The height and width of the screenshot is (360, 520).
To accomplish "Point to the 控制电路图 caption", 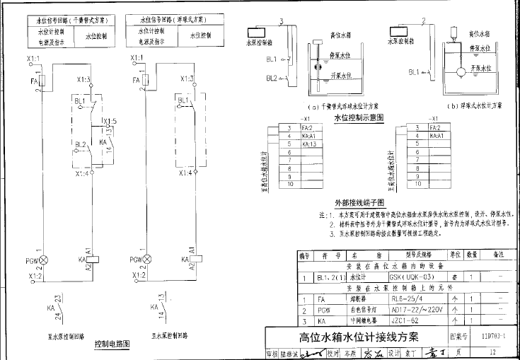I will coord(112,345).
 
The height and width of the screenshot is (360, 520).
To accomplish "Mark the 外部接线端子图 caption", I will coord(359,202).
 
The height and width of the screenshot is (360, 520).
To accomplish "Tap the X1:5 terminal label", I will coord(109,121).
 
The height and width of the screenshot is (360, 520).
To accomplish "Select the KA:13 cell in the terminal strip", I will coord(308,144).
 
